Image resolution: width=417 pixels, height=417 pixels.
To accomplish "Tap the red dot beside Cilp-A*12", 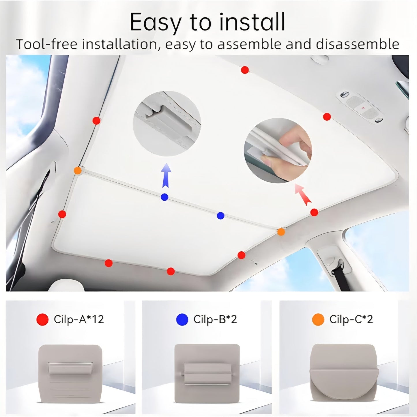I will [x=42, y=319].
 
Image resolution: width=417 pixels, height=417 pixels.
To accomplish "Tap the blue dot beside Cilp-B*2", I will [x=182, y=319].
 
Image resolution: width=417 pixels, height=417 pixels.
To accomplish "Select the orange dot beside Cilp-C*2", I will [x=318, y=319].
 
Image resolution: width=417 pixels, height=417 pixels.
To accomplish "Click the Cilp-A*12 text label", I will [x=78, y=319].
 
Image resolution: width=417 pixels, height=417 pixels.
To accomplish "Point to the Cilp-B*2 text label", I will [x=215, y=319].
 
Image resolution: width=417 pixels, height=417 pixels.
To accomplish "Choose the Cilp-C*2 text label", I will [x=351, y=319].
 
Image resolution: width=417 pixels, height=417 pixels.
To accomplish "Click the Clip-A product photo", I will [x=70, y=373].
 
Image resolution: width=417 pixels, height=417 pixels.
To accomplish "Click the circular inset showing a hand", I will [x=278, y=150].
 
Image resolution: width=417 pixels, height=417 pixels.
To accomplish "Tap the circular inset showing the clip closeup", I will [x=167, y=124].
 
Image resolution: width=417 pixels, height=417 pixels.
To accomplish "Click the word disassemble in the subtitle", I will [x=357, y=44].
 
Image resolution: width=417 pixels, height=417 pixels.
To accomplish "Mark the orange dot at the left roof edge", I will [x=77, y=170].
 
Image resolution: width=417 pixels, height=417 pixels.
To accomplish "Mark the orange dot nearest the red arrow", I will [x=281, y=231].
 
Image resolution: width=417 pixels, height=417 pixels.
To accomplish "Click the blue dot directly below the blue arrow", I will [x=164, y=197].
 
